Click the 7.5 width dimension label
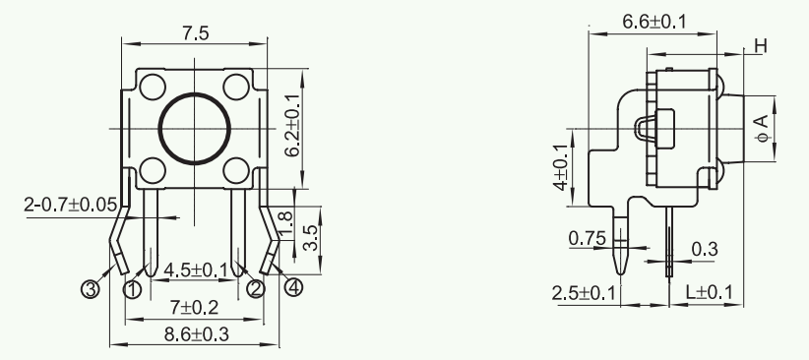coord(195,33)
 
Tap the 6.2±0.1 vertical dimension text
coord(292,125)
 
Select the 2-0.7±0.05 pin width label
coord(71,205)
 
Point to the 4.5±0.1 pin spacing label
coord(196,270)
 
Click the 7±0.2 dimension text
coord(194,308)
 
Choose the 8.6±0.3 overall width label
coord(196,334)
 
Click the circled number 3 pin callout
coord(91,289)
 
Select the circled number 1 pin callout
coord(133,289)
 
